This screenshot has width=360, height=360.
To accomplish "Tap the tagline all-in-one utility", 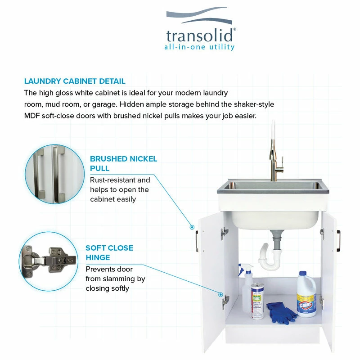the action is click(199, 47).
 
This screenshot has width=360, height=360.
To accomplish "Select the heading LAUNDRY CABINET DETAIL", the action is click(75, 81).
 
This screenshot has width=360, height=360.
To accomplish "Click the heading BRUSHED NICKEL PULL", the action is click(123, 163).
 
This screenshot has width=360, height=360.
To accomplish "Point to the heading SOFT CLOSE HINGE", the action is click(109, 252).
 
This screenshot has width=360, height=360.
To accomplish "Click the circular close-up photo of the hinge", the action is click(49, 261).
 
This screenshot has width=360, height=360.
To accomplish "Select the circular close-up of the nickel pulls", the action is click(54, 174).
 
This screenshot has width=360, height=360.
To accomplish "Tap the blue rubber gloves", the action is click(281, 312).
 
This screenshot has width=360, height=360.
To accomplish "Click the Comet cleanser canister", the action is click(257, 301).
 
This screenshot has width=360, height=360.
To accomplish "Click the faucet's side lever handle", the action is click(282, 160).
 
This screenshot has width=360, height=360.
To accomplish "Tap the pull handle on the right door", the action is click(338, 241).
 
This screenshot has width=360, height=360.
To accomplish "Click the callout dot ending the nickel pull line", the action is click(192, 227).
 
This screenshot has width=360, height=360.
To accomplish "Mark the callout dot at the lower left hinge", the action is click(220, 294).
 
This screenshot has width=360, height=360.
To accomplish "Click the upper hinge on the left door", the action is click(224, 234).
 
